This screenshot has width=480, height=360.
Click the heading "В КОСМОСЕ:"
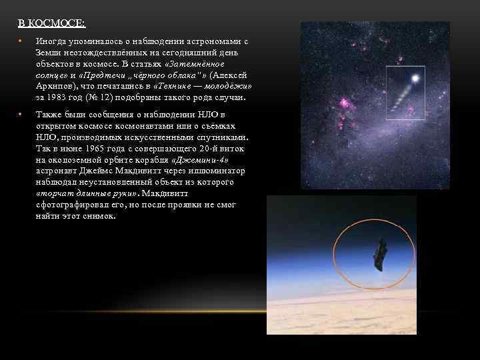tap(51, 24)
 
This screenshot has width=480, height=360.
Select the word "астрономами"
tap(203, 41)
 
